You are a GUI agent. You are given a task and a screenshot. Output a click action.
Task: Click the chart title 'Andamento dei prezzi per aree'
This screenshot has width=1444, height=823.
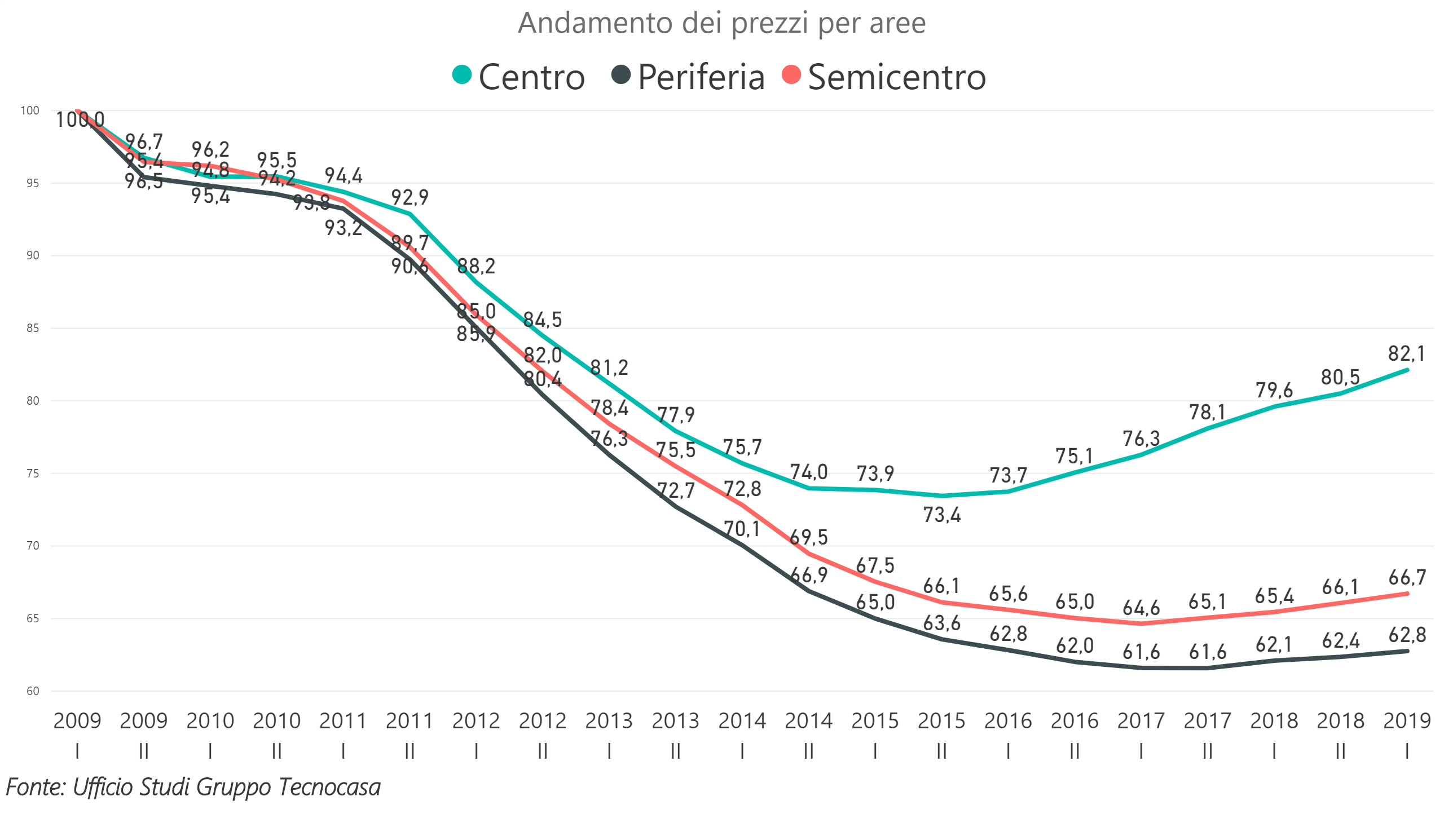721,24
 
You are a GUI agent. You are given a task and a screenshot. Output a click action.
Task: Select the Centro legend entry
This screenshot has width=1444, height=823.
519,76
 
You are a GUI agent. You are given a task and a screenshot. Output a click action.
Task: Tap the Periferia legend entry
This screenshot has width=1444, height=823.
688,76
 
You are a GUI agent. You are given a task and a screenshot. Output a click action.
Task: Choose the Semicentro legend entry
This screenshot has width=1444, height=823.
883,76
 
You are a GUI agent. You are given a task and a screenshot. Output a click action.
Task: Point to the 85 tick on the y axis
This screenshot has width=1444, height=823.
33,328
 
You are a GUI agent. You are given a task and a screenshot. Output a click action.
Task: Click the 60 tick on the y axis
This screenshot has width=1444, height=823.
33,691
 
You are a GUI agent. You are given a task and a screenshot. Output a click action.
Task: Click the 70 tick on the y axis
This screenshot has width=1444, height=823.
33,546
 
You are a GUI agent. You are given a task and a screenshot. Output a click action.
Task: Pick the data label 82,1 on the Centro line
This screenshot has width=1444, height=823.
1406,354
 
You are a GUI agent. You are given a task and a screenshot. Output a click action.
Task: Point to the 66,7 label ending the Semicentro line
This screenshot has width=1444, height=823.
1407,577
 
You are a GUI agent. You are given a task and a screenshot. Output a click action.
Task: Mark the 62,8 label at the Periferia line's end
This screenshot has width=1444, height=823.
1407,635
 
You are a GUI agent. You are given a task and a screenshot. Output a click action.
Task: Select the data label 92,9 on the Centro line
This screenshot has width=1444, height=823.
410,197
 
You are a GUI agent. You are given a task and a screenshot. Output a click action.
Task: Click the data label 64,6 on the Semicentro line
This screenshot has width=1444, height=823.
1141,608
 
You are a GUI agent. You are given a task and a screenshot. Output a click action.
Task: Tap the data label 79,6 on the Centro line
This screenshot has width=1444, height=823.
1274,390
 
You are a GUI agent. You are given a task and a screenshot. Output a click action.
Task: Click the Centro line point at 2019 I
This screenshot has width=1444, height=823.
1407,370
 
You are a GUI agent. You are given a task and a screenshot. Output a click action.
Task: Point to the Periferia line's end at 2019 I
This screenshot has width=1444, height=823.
1407,651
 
